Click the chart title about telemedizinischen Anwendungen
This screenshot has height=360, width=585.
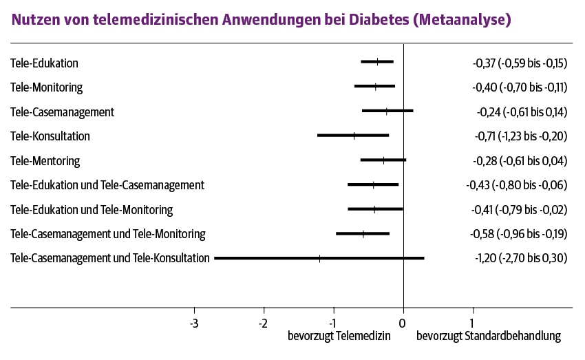click(x=262, y=20)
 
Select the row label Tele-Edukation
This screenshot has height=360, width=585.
click(x=45, y=63)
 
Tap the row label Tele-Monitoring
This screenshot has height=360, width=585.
click(x=47, y=87)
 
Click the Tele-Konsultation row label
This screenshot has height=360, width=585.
click(x=50, y=136)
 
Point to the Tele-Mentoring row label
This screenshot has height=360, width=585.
click(x=45, y=161)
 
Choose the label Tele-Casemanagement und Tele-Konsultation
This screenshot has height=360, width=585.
click(x=110, y=258)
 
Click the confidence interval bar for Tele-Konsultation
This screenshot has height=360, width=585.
click(x=353, y=136)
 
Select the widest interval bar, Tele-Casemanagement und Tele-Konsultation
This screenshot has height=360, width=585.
click(x=319, y=258)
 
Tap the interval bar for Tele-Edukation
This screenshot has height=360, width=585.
click(x=377, y=62)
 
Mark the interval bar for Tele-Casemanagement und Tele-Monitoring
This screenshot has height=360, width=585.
click(x=363, y=233)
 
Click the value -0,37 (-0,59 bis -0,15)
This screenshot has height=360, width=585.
click(x=520, y=63)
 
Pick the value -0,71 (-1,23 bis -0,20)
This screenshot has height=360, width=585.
click(x=521, y=136)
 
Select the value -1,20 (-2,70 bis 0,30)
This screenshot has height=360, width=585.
click(x=521, y=258)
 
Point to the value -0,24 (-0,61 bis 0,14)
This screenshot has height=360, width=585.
click(x=522, y=112)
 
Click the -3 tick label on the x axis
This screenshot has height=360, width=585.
click(x=194, y=322)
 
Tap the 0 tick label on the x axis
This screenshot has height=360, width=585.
click(x=403, y=322)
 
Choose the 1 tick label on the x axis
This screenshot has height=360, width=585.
click(x=472, y=322)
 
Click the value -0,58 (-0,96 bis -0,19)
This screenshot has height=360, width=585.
click(x=519, y=234)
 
